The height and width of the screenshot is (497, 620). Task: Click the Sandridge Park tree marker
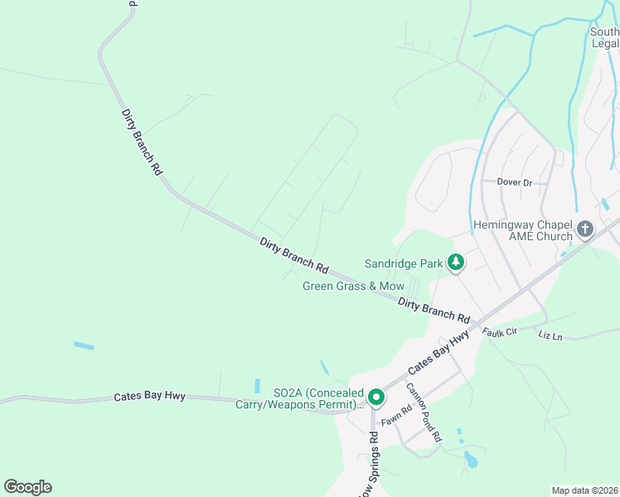pos(455,263)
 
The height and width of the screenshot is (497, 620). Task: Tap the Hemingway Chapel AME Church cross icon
pos(585,229)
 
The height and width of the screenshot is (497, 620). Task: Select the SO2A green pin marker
pos(375,398)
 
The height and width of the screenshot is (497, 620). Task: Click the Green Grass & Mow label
pos(353,287)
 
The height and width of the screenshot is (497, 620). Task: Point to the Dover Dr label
pos(513,181)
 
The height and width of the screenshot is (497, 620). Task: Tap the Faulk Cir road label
pos(500,331)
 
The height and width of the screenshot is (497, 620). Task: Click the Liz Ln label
pos(550,335)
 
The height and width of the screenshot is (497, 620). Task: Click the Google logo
pos(27,487)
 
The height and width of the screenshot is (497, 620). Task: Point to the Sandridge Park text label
pos(404,264)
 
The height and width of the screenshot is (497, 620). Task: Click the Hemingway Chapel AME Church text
pos(522,230)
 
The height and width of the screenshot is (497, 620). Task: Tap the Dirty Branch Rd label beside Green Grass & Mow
pos(434,311)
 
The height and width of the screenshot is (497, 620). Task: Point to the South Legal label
pos(605,38)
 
